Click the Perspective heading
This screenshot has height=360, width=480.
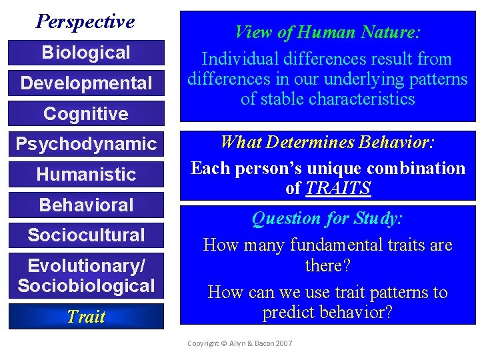[x=85, y=22]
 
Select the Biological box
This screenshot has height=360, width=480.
[x=86, y=53]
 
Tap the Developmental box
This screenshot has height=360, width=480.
[x=86, y=83]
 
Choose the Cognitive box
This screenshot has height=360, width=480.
[x=86, y=114]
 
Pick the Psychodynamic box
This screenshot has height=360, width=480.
[x=86, y=144]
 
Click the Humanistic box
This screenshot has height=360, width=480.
[x=86, y=175]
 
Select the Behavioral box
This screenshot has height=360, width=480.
[x=86, y=205]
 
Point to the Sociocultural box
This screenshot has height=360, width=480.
[x=86, y=235]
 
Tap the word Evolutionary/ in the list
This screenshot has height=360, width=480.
[x=86, y=266]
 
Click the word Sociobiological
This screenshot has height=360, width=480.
[x=86, y=286]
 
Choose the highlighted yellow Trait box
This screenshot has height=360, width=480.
[x=86, y=317]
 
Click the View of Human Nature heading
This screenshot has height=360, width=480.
[x=327, y=32]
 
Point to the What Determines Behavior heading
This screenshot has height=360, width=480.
[x=327, y=142]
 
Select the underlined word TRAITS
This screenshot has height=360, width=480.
[x=337, y=189]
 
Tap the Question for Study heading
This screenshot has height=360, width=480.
[x=327, y=218]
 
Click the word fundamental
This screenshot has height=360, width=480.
[x=336, y=245]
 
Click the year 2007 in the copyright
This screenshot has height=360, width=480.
[x=283, y=343]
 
